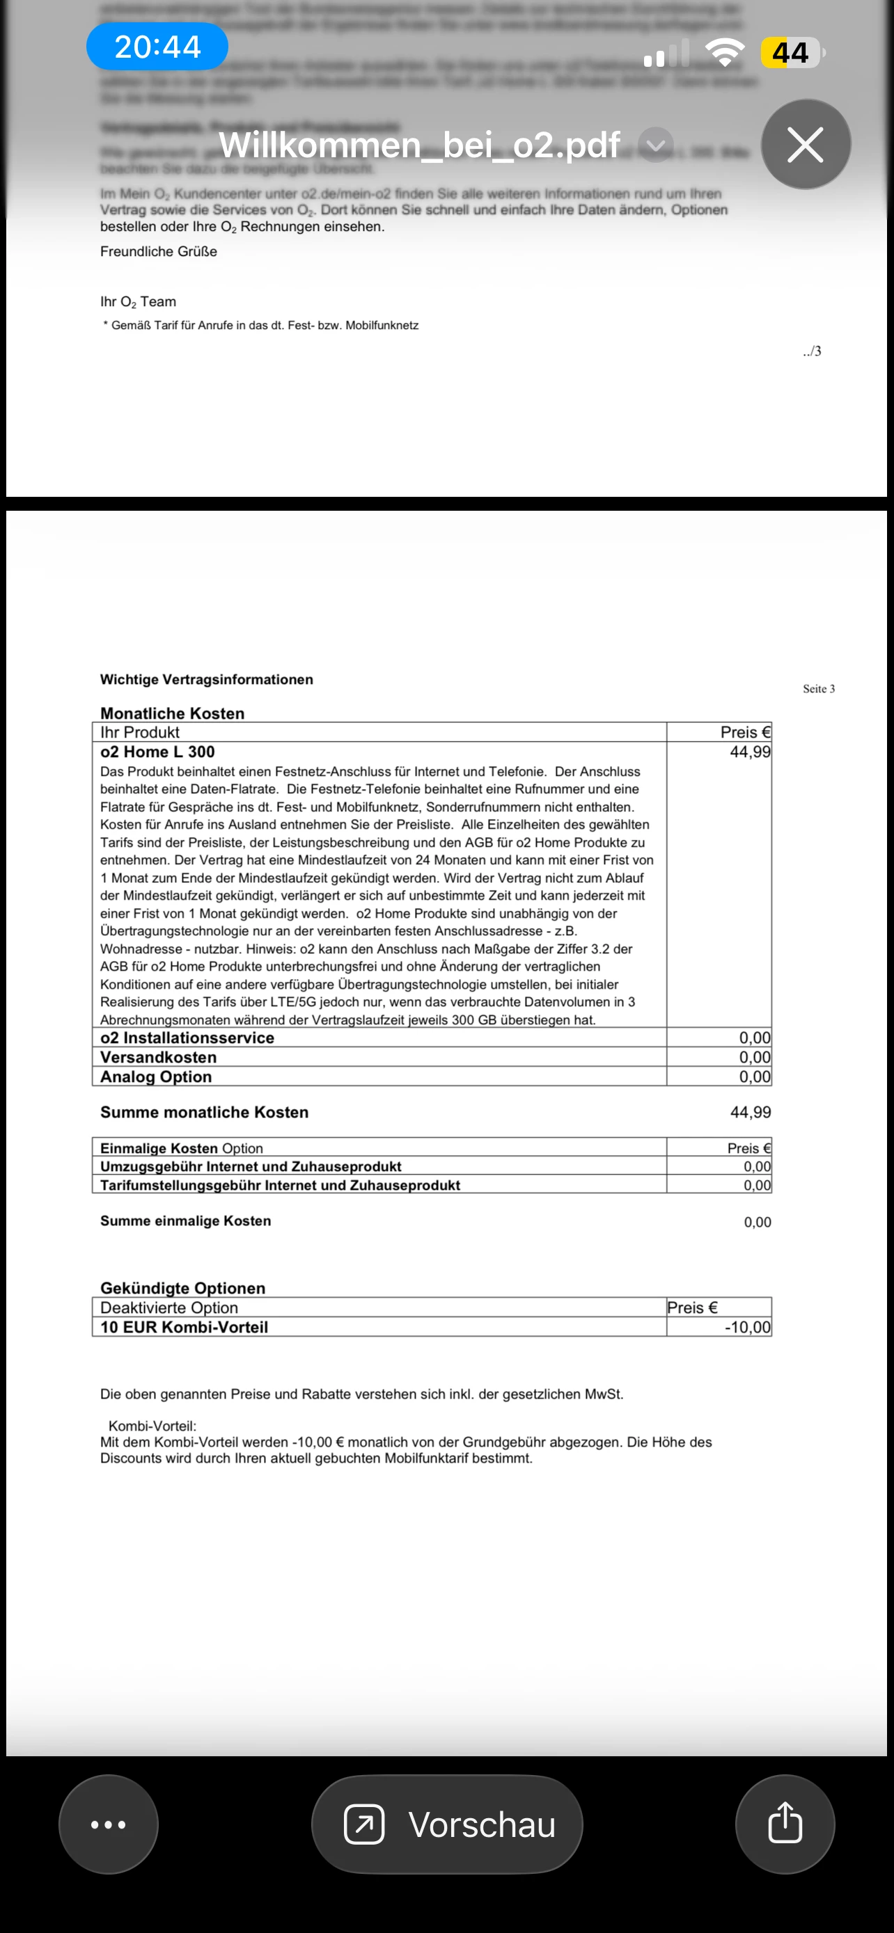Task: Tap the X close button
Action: pyautogui.click(x=806, y=144)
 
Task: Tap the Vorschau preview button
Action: pyautogui.click(x=448, y=1824)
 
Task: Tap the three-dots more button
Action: pyautogui.click(x=108, y=1824)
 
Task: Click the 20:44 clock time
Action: pyautogui.click(x=157, y=47)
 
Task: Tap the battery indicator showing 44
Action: pyautogui.click(x=791, y=52)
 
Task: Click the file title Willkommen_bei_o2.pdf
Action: pyautogui.click(x=419, y=144)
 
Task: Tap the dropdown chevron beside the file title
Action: pyautogui.click(x=655, y=144)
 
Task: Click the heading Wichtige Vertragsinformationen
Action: pyautogui.click(x=206, y=679)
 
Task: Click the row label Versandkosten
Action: pyautogui.click(x=158, y=1056)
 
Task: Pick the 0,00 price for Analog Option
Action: pyautogui.click(x=754, y=1076)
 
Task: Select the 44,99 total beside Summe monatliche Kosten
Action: pyautogui.click(x=750, y=1112)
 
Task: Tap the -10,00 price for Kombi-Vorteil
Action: pyautogui.click(x=747, y=1327)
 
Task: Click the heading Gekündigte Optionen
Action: pyautogui.click(x=182, y=1288)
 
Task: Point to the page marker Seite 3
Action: pyautogui.click(x=818, y=689)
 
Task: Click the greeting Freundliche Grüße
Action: pyautogui.click(x=158, y=251)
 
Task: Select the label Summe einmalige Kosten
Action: pyautogui.click(x=185, y=1221)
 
